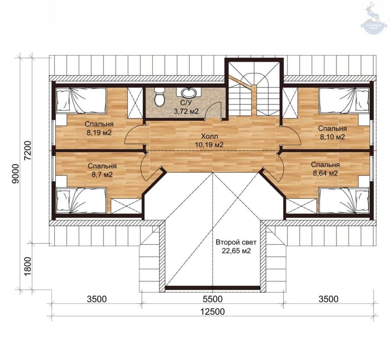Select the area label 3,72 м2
coord(186,111)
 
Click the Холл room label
coord(210,136)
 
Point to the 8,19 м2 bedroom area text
coord(99,132)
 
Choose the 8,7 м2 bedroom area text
coord(102,174)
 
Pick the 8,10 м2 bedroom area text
coord(333,137)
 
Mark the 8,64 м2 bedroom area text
coord(325,173)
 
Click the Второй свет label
coord(236,242)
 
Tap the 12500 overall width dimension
coord(212,312)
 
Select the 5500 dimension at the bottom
coord(212,299)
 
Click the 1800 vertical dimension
coord(27,266)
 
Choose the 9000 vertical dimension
coord(15,174)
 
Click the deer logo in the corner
coord(373,18)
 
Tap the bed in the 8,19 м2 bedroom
coord(81,100)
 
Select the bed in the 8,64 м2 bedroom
coord(344,200)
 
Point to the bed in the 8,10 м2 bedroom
coord(344,100)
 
